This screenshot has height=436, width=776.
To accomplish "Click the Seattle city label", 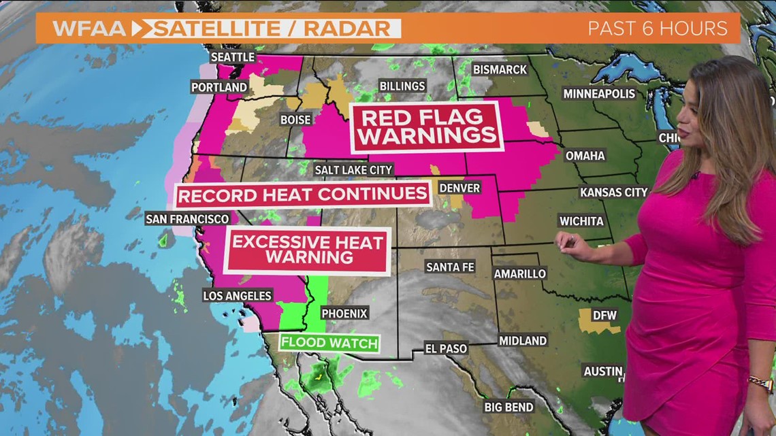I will (x=233, y=57).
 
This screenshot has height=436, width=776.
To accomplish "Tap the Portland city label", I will (x=219, y=87).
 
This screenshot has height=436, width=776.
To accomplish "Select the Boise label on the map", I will (x=295, y=120).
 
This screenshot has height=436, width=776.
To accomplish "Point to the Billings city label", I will (x=403, y=86).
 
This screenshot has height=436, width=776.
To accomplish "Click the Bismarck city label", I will (x=500, y=69).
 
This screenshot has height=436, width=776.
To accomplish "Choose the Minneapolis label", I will (x=598, y=94).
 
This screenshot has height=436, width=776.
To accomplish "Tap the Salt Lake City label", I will (x=353, y=169).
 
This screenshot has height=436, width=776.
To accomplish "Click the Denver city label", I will (x=459, y=188).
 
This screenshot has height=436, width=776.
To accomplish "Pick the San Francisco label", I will (x=187, y=219).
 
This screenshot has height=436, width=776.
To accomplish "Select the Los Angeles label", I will (x=238, y=295).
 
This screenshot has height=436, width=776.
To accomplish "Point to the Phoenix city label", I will (x=344, y=314).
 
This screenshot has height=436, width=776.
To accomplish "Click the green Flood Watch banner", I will (x=329, y=343).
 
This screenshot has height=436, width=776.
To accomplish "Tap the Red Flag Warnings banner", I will (x=427, y=126).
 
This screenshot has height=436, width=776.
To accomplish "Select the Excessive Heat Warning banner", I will (x=309, y=249).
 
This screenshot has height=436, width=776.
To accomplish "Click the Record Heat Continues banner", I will (x=302, y=194).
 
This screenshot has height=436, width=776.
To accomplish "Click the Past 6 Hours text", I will (x=658, y=29).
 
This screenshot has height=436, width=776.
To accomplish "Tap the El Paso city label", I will (x=446, y=348).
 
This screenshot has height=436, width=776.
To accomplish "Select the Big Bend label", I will (x=508, y=407).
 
